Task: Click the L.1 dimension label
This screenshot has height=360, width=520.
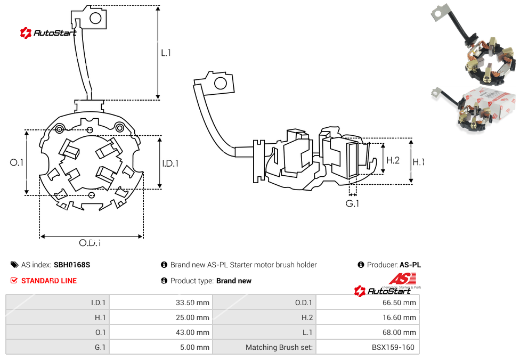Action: pos(166,53)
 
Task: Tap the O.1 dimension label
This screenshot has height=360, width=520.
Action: pos(17,162)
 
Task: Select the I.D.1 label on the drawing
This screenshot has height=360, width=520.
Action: pos(170,163)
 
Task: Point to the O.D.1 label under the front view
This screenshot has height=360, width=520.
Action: pos(90,243)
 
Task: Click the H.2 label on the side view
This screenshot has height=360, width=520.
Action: pos(393,160)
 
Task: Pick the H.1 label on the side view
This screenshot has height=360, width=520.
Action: pos(419,162)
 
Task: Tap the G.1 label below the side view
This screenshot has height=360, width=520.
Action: pos(352,203)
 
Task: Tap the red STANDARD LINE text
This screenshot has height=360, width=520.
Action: pos(49,281)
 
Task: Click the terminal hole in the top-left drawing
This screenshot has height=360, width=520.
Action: pos(96,19)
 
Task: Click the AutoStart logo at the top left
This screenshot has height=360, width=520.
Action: pos(48,33)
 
